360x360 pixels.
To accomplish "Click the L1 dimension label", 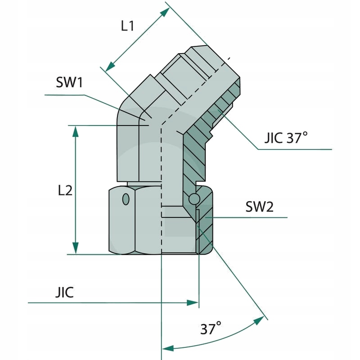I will click(127, 26).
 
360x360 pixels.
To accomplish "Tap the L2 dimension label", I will click(65, 190).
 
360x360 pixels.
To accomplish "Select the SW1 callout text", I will click(70, 83).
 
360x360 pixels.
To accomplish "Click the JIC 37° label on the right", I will click(286, 138).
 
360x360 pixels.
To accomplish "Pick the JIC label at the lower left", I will click(64, 292).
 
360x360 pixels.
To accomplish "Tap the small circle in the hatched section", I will click(194, 198).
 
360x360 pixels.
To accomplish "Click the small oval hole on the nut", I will click(126, 198).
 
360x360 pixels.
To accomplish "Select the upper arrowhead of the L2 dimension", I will click(76, 131).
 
